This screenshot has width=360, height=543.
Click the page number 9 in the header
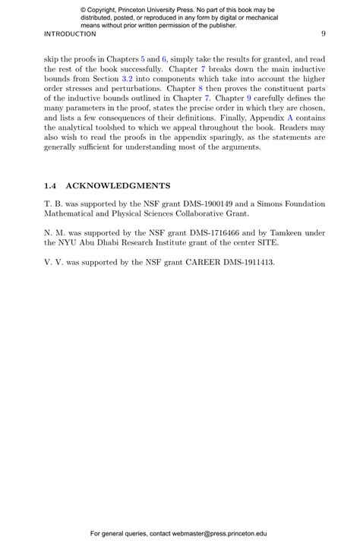[324, 33]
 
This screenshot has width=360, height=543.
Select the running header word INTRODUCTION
[70, 34]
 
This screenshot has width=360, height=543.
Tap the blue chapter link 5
[143, 58]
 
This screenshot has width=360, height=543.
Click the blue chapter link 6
[164, 58]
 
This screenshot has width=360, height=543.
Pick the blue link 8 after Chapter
[200, 88]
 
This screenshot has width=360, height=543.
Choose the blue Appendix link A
[289, 118]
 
